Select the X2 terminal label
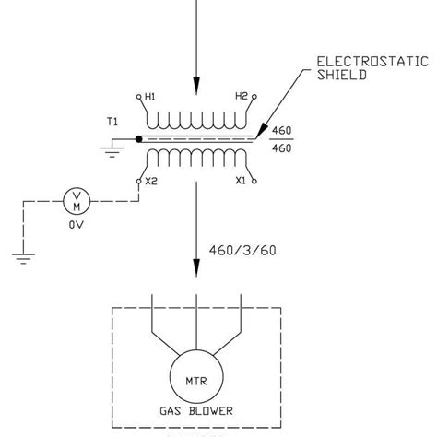pyautogui.click(x=151, y=182)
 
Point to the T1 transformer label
pyautogui.click(x=112, y=121)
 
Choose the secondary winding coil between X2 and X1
pyautogui.click(x=195, y=159)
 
